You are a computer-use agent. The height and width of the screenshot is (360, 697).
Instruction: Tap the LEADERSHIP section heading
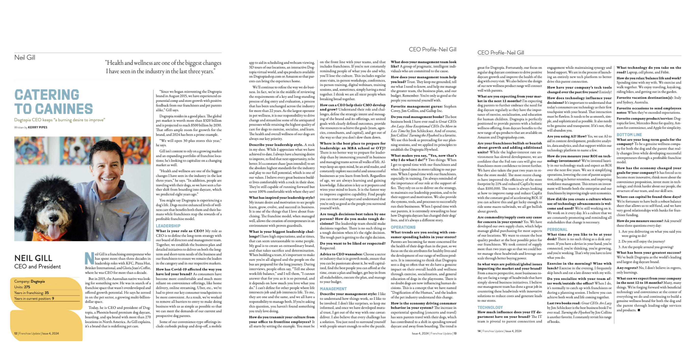pyautogui.click(x=168, y=226)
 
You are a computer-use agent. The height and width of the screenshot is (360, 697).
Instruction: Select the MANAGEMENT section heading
pyautogui.click(x=333, y=289)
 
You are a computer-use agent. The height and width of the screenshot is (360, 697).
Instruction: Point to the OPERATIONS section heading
pyautogui.click(x=403, y=227)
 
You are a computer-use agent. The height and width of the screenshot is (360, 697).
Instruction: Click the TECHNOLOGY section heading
pyautogui.click(x=490, y=308)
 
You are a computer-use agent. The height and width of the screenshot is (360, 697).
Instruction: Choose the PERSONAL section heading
pyautogui.click(x=557, y=229)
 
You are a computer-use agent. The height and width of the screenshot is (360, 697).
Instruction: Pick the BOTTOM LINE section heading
pyautogui.click(x=629, y=135)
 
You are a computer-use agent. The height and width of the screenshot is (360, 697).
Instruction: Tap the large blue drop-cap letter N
pyautogui.click(x=89, y=258)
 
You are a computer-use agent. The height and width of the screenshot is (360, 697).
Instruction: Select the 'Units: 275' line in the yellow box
pyautogui.click(x=22, y=287)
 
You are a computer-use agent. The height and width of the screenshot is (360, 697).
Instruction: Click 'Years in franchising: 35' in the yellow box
pyautogui.click(x=31, y=293)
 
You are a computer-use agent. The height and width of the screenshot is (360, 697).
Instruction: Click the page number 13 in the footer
pyautogui.click(x=455, y=334)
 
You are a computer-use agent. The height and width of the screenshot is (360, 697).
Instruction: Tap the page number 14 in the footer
pyautogui.click(x=479, y=331)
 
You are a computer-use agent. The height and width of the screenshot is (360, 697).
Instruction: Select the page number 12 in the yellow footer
pyautogui.click(x=16, y=334)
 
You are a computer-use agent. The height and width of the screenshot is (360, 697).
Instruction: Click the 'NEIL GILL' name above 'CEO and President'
pyautogui.click(x=33, y=258)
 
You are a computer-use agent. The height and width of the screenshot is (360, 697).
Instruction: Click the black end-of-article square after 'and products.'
pyautogui.click(x=639, y=310)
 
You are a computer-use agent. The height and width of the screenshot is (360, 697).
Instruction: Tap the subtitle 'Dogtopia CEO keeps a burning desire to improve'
pyautogui.click(x=60, y=120)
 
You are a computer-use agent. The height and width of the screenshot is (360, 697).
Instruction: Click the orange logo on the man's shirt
pyautogui.click(x=121, y=211)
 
